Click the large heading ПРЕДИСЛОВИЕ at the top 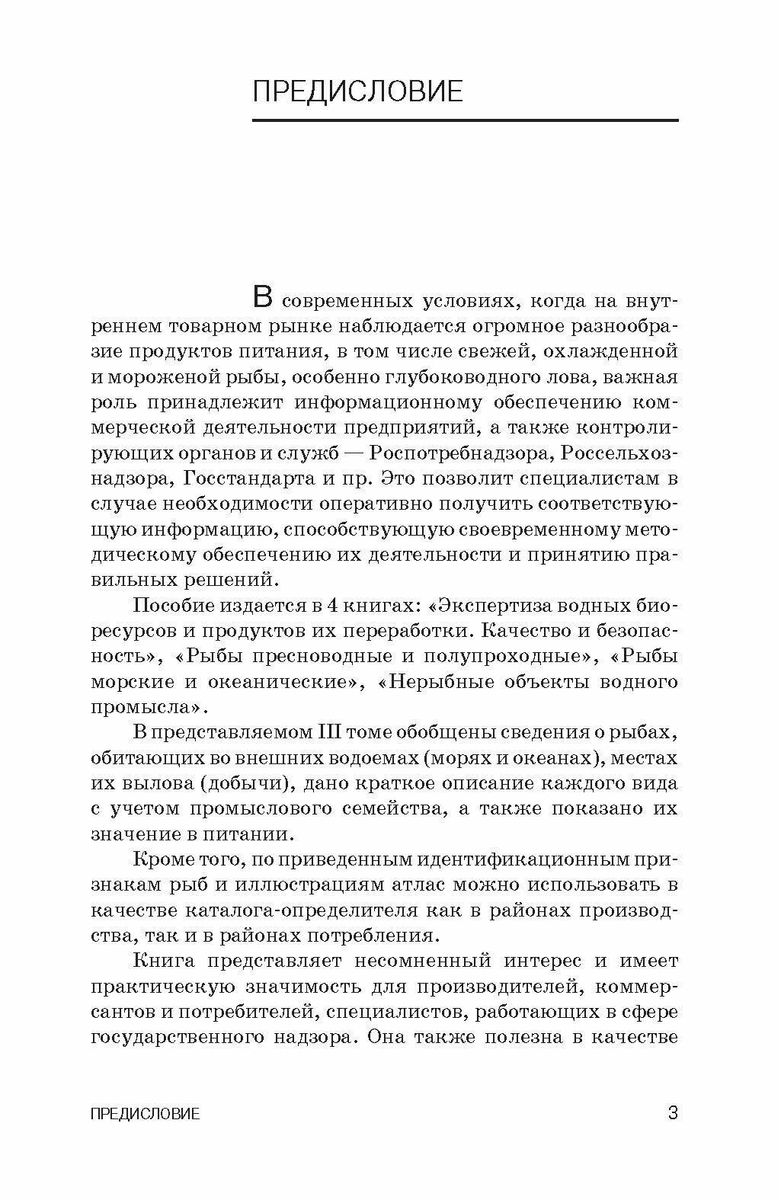(x=357, y=91)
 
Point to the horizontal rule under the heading (x=465, y=120)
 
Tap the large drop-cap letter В (x=261, y=297)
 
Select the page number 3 (x=672, y=1112)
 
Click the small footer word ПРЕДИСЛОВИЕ (x=145, y=1114)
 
